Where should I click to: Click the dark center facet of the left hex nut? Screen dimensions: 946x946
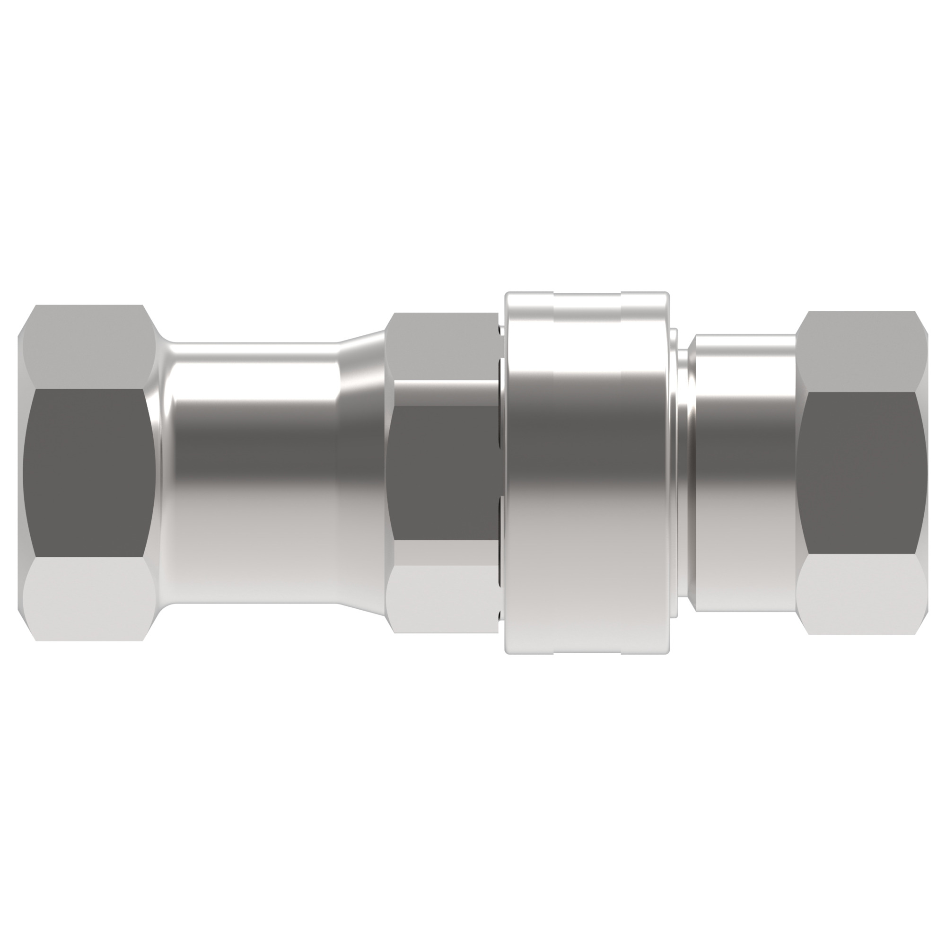pos(88,473)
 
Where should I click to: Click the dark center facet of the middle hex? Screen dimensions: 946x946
pos(441,473)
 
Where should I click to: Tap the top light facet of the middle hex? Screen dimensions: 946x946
pos(441,345)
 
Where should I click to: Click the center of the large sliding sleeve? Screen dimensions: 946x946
pos(587,473)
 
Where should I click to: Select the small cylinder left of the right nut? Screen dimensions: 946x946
pos(744,473)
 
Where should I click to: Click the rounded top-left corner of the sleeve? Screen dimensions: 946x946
pos(509,297)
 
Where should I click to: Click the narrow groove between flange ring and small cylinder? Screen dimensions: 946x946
pos(688,473)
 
